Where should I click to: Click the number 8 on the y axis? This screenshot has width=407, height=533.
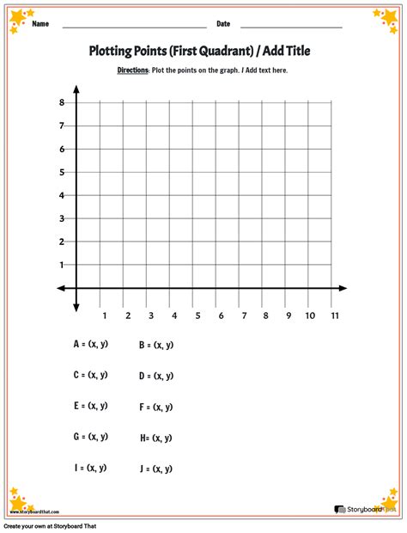62,103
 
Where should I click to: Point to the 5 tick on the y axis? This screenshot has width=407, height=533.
62,172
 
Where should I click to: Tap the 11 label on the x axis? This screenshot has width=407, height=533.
334,316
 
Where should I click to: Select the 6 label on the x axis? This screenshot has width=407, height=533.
221,316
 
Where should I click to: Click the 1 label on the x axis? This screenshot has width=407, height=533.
105,316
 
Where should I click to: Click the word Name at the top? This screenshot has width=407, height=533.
39,24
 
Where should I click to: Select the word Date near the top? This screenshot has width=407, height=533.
223,24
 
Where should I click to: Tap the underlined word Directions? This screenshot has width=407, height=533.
133,70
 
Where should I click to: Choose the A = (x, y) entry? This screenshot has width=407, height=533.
90,344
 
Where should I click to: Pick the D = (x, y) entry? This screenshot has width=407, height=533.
156,376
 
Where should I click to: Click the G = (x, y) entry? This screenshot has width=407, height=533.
90,437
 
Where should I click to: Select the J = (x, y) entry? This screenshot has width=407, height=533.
156,469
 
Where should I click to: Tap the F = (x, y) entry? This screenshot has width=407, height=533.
156,407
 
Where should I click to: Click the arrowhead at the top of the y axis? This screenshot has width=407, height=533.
76,89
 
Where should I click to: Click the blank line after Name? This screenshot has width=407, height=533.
133,27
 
